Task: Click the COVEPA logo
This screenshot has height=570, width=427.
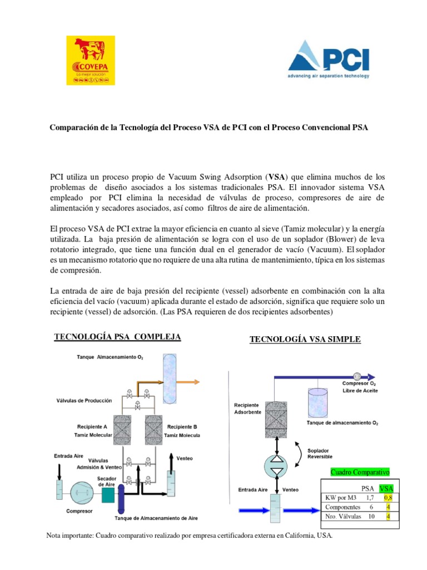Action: pyautogui.click(x=91, y=60)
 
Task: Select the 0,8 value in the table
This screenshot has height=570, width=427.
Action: pyautogui.click(x=387, y=498)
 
